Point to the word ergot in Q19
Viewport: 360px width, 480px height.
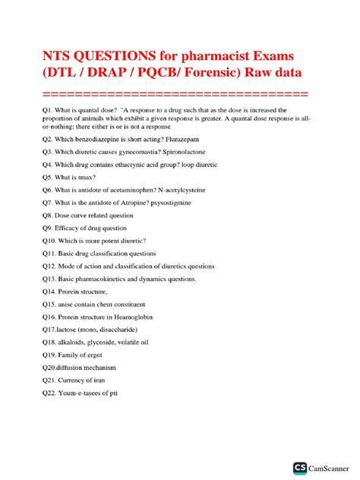coord(103,375)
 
